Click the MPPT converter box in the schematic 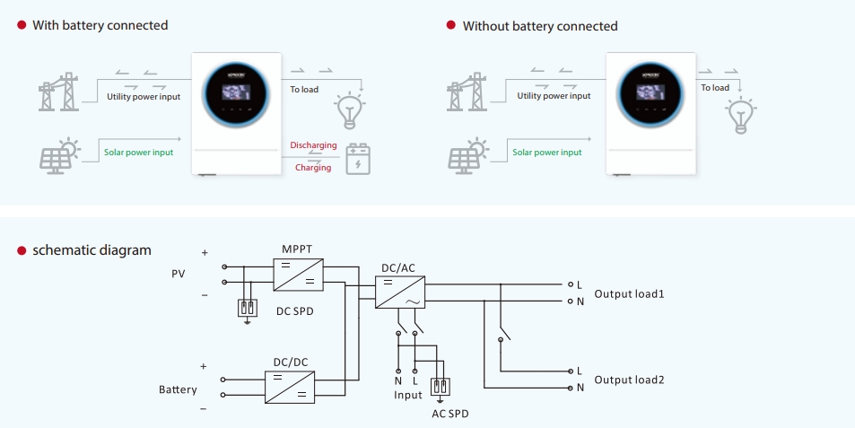coord(298,273)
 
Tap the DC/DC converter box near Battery coord(290,387)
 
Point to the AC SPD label coord(449,414)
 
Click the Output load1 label coord(629,293)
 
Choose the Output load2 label coord(629,380)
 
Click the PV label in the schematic coord(178,273)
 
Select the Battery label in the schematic coord(178,389)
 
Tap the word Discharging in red coord(313,145)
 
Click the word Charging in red coord(313,168)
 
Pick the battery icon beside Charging coord(358,159)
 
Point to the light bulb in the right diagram coord(740,116)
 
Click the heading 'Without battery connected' coord(540,26)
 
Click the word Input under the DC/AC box coord(407,395)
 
